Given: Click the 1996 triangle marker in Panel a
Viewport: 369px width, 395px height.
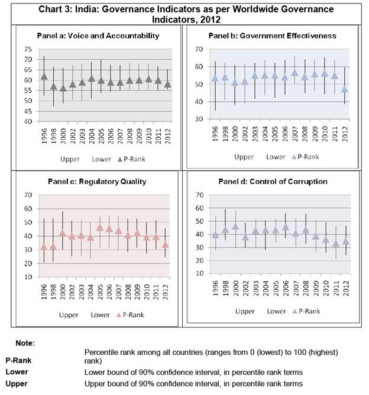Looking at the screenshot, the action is tap(44, 76).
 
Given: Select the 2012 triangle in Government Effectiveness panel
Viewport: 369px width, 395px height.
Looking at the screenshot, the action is tap(345, 89).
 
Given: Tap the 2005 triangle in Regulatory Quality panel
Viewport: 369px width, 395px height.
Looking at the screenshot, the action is tap(100, 227).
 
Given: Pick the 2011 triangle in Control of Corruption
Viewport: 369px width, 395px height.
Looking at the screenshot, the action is tap(336, 244).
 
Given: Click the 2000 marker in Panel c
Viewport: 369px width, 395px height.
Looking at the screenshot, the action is tap(62, 233).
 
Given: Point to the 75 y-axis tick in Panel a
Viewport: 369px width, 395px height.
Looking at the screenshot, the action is tap(28, 49).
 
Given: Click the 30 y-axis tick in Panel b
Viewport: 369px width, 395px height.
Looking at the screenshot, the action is tap(199, 119).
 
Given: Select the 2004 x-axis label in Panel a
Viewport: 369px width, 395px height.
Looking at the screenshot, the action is tap(92, 136).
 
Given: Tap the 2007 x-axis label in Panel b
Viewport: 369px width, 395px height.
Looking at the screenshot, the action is tap(295, 134).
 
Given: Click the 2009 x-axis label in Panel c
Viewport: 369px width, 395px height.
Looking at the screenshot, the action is tap(137, 292).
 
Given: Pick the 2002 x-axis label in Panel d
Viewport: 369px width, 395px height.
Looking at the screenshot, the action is tap(246, 288).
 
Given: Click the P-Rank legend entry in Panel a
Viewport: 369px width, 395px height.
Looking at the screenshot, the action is tap(131, 159).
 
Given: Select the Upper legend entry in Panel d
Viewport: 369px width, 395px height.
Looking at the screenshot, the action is tap(245, 311).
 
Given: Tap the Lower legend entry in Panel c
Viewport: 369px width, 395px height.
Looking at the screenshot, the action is tap(100, 315).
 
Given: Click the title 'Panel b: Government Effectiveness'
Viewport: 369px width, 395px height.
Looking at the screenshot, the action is tap(273, 36).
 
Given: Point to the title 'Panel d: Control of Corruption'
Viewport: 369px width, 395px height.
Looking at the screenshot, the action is tap(273, 182).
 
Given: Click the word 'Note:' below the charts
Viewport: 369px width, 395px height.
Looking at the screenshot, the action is tap(25, 343).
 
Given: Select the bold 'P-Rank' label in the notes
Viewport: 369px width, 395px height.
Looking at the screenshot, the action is tap(18, 361).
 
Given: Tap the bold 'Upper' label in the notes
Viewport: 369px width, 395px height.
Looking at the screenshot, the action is tap(17, 384).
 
